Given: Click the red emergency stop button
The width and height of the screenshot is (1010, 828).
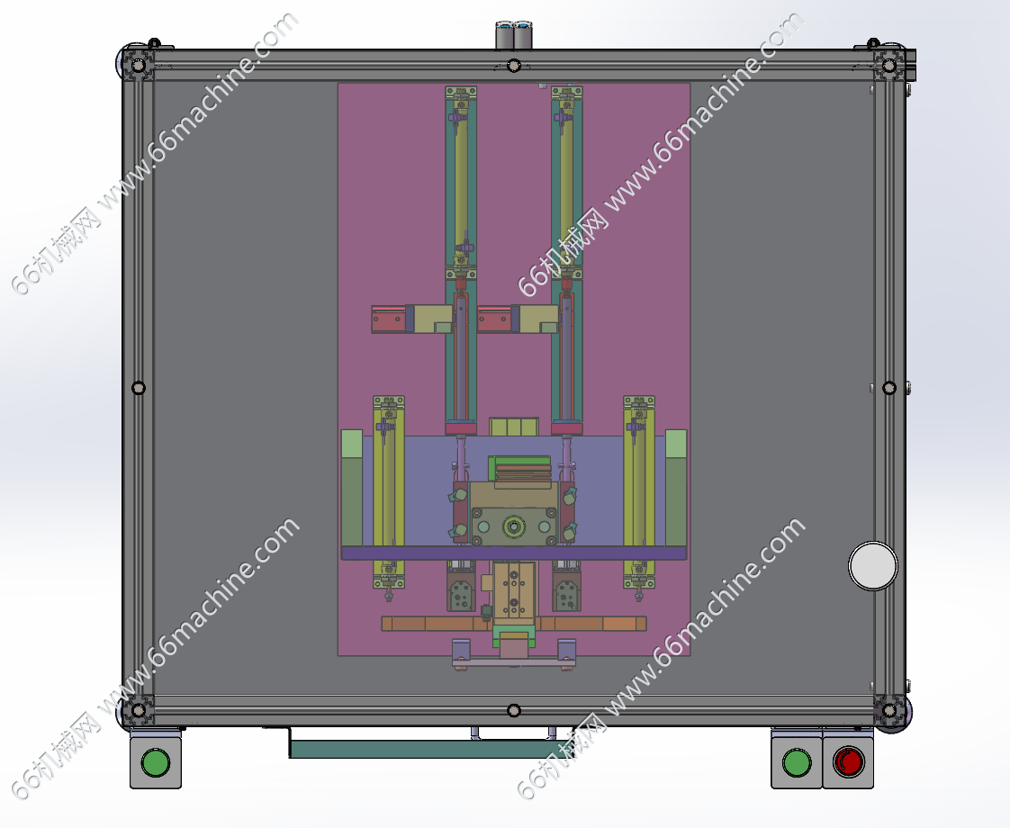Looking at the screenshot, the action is [848, 762].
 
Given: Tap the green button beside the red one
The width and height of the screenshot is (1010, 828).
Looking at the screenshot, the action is [797, 762].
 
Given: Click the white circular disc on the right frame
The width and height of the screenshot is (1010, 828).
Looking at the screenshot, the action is [873, 566].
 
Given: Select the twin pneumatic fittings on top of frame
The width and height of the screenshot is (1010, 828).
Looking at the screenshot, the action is [514, 35].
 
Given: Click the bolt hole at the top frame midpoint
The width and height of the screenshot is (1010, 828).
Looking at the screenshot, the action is [513, 66].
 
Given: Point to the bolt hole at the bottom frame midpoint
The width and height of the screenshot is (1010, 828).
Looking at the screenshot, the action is [513, 710].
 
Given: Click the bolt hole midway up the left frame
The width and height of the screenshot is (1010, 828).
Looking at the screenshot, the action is [139, 388].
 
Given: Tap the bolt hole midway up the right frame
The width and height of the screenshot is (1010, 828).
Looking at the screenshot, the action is [888, 388].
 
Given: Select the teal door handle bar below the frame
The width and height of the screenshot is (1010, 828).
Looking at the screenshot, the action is [419, 748].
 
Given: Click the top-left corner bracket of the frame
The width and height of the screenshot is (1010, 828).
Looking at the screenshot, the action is [138, 65].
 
